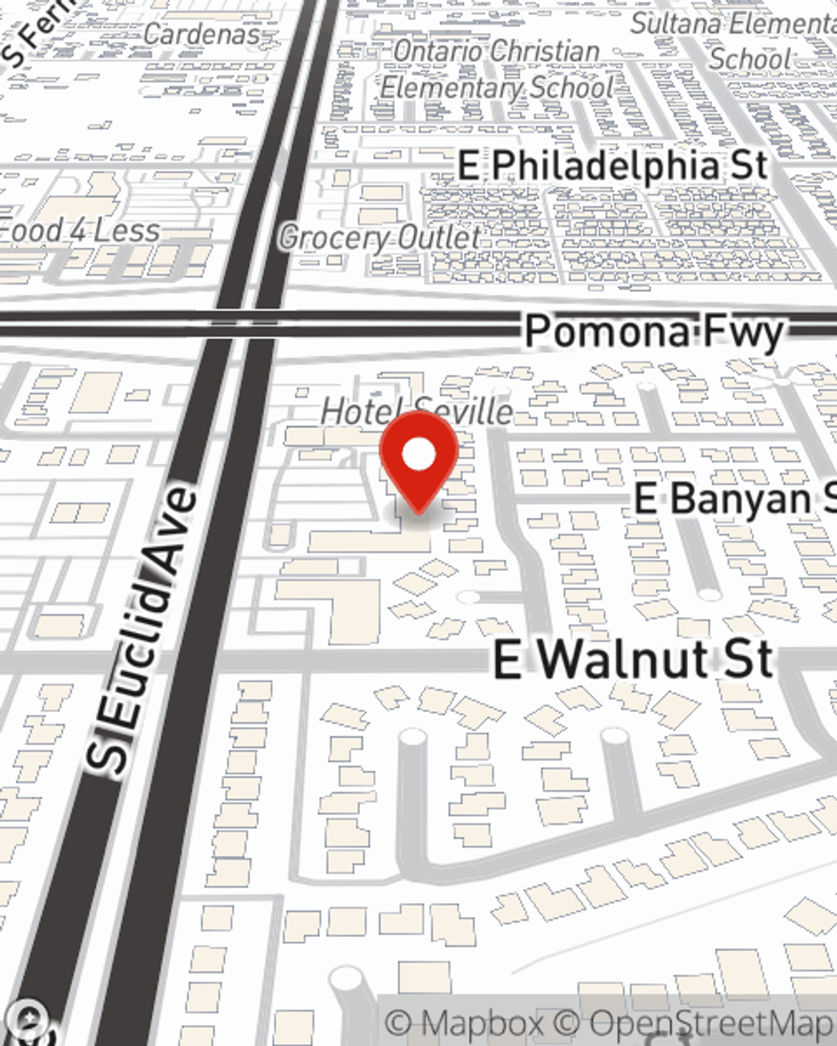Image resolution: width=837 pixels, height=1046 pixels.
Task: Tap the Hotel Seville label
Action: (x=417, y=411)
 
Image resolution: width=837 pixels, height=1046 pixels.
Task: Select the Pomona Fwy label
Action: (x=654, y=332)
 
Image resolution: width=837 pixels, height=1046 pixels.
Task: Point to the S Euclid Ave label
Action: (x=143, y=628)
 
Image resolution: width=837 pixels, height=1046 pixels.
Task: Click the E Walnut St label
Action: (x=633, y=660)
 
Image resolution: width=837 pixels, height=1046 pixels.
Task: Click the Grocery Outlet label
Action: (x=380, y=238)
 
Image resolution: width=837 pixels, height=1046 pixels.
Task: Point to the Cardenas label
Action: (x=201, y=34)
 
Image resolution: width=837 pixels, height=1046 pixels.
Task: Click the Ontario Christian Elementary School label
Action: (x=497, y=69)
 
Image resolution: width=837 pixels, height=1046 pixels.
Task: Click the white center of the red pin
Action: (x=418, y=454)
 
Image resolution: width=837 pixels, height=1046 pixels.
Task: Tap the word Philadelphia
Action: (x=605, y=166)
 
